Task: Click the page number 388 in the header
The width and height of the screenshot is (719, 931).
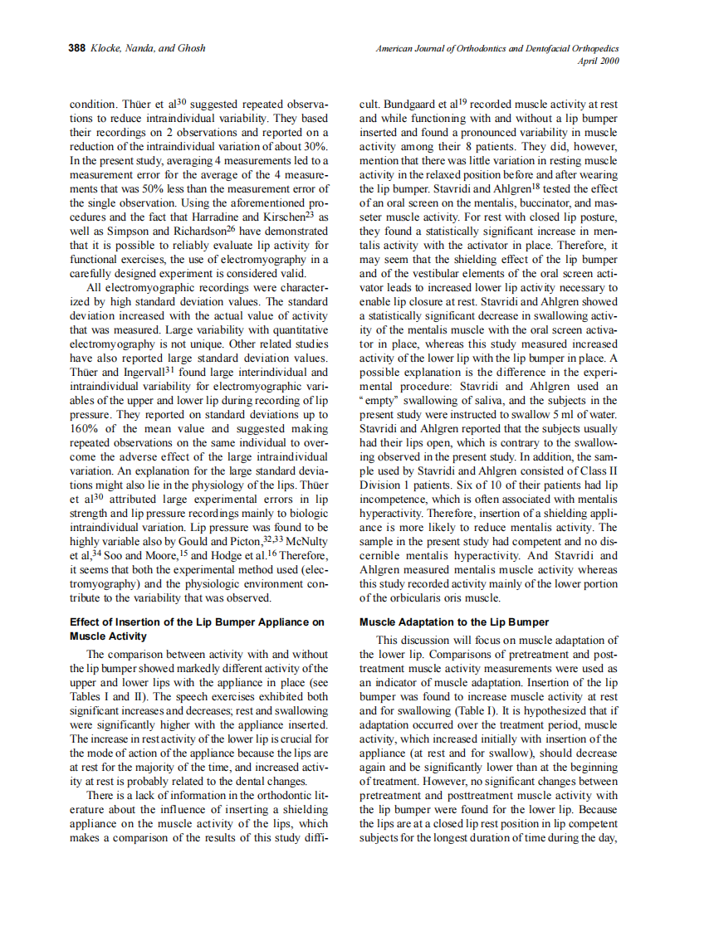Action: [77, 49]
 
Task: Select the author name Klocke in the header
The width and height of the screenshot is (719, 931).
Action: [105, 49]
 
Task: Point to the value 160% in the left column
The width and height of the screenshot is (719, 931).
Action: [87, 429]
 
